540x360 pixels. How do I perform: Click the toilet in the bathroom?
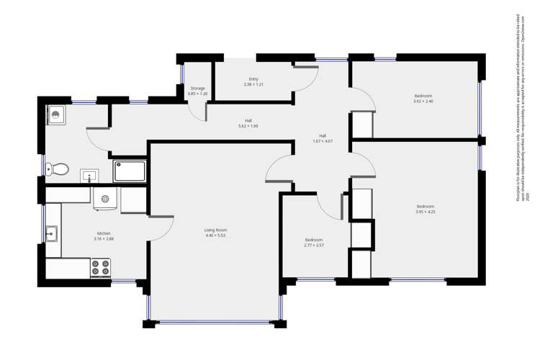click(x=57, y=170)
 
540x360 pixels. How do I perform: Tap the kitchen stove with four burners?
click(x=100, y=269)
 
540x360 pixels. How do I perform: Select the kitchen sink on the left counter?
click(x=51, y=233)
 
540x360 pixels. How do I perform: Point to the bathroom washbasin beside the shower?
click(x=91, y=175)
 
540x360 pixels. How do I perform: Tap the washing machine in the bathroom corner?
click(x=56, y=114)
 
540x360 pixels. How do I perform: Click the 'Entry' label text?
click(x=253, y=79)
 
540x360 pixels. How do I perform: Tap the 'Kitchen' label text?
click(x=104, y=233)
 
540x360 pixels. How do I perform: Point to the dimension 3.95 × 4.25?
click(x=425, y=212)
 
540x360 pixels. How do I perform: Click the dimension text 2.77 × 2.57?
click(x=314, y=246)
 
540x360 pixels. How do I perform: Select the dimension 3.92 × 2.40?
click(x=423, y=102)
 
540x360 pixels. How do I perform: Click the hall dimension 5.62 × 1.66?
click(x=248, y=126)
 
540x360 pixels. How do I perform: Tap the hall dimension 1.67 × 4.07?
click(x=323, y=141)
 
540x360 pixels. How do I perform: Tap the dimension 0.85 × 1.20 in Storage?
click(x=197, y=94)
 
